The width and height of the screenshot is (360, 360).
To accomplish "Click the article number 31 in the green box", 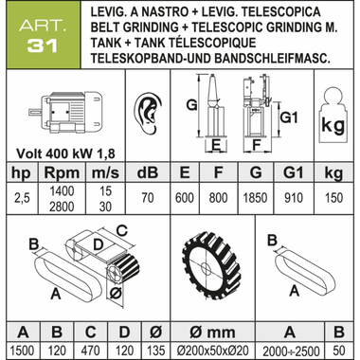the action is (x=43, y=45).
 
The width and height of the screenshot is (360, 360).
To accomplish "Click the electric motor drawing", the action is (x=65, y=111).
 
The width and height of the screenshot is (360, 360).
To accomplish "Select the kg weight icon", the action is (x=333, y=116).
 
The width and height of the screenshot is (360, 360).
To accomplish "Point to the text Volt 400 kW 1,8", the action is (x=65, y=153).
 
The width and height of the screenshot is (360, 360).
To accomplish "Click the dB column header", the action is (x=148, y=172).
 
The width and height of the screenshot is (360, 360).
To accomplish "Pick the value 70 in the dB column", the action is (x=148, y=198).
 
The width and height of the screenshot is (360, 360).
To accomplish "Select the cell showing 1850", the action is (x=255, y=198).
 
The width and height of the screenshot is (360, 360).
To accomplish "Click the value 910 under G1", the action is (x=294, y=198).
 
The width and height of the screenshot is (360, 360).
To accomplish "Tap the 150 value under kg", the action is (x=333, y=198).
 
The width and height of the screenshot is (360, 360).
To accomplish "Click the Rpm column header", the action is (x=62, y=173).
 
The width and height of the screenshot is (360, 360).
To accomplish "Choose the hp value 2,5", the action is (x=22, y=198).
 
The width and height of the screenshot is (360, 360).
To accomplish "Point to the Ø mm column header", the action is (x=212, y=333).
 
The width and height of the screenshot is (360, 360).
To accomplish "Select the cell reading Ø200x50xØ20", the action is (x=213, y=351).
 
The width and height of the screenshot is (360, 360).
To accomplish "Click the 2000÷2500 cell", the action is (x=290, y=351).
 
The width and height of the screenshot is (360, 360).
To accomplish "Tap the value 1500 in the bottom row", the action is (x=23, y=351).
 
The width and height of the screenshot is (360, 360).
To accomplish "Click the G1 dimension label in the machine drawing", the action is (x=289, y=117).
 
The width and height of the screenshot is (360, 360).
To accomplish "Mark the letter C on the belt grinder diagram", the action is (x=121, y=230).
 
